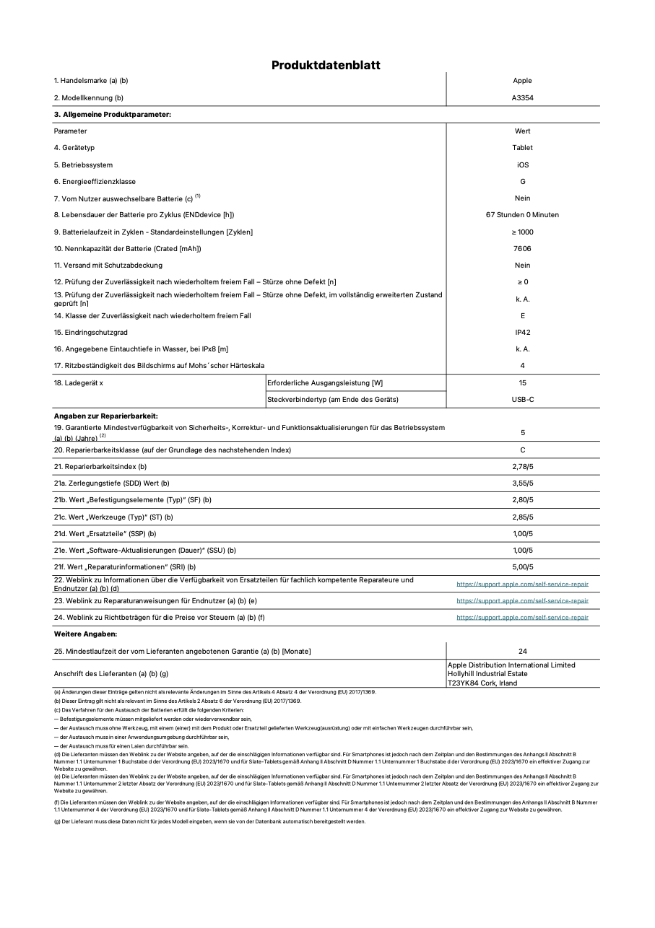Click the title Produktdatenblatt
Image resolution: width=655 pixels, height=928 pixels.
pyautogui.click(x=326, y=65)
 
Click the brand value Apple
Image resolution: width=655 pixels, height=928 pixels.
pyautogui.click(x=522, y=81)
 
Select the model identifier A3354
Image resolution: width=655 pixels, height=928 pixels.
pyautogui.click(x=522, y=97)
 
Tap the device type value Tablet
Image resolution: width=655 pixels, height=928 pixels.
pyautogui.click(x=522, y=148)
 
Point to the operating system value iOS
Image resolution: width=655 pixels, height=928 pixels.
pyautogui.click(x=522, y=165)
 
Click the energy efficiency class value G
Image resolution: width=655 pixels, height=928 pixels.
pyautogui.click(x=522, y=181)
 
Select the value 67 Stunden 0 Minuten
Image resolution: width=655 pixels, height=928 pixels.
pyautogui.click(x=522, y=215)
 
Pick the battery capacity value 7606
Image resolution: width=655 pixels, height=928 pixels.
pyautogui.click(x=522, y=248)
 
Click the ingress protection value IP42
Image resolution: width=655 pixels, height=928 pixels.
pyautogui.click(x=522, y=333)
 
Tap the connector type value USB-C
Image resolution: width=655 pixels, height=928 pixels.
pyautogui.click(x=522, y=399)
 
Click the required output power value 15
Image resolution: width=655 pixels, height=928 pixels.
pyautogui.click(x=522, y=382)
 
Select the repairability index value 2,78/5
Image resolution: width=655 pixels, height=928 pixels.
pyautogui.click(x=522, y=467)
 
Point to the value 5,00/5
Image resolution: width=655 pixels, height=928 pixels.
pyautogui.click(x=522, y=567)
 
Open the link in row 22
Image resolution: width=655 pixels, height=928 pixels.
pyautogui.click(x=522, y=584)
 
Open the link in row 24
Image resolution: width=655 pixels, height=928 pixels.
pyautogui.click(x=522, y=618)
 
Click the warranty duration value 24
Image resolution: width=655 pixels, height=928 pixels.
pyautogui.click(x=522, y=651)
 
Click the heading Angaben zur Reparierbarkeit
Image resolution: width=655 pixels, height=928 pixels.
pyautogui.click(x=105, y=416)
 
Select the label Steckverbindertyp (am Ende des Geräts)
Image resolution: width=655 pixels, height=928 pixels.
pyautogui.click(x=332, y=399)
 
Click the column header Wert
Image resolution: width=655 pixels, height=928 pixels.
pyautogui.click(x=522, y=131)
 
